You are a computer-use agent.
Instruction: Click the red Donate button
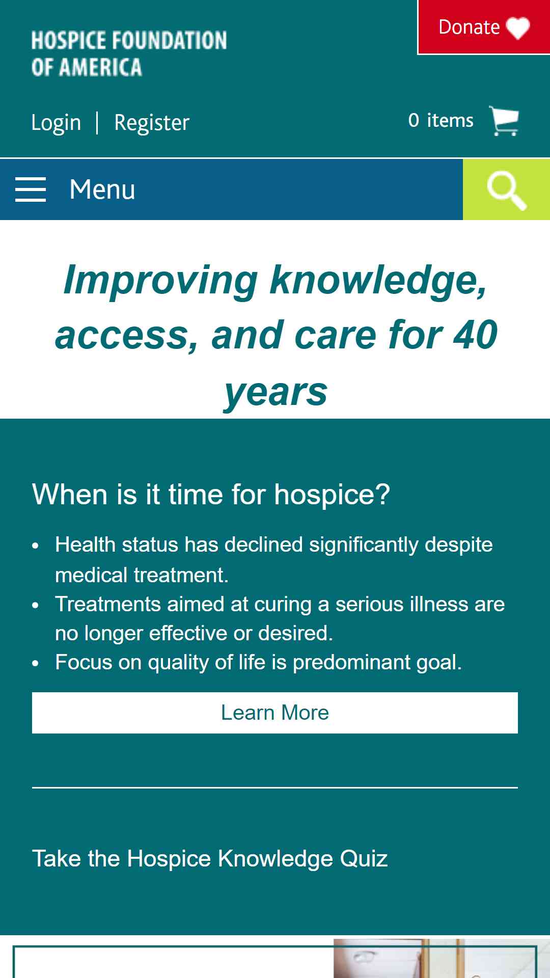[484, 27]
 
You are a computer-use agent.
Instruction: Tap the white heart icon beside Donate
[518, 28]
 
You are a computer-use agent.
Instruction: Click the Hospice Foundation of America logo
[129, 53]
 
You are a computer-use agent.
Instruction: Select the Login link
[56, 122]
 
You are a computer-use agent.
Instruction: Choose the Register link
[152, 122]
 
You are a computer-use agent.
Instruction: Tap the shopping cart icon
[504, 121]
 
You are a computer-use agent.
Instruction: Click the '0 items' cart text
[441, 120]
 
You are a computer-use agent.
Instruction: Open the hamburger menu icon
[31, 189]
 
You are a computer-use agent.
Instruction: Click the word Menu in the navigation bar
[102, 189]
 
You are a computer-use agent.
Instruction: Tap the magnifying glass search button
[507, 189]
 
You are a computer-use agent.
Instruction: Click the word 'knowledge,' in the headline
[378, 281]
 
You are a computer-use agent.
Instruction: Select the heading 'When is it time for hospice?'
[211, 494]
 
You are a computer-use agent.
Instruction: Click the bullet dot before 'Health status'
[35, 546]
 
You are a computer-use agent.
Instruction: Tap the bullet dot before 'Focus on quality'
[35, 664]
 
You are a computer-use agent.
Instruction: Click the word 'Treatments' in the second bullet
[108, 604]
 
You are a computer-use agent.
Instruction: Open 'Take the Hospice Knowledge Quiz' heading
[210, 859]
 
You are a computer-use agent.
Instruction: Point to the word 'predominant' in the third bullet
[351, 663]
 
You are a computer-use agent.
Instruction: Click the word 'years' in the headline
[276, 393]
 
